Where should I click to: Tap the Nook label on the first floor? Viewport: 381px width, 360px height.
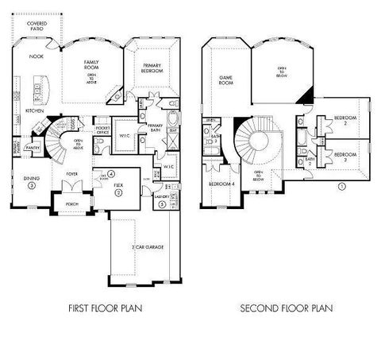click(37, 56)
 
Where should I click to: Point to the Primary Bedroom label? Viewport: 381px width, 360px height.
click(154, 68)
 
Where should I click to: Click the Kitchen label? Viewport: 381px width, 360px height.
click(34, 111)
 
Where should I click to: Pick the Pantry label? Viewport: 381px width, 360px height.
click(33, 147)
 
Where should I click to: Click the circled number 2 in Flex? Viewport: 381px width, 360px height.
click(118, 191)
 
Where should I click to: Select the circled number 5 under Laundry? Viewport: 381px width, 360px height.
click(162, 204)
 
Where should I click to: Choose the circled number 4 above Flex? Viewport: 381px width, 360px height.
click(112, 173)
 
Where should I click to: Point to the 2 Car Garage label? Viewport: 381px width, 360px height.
click(148, 248)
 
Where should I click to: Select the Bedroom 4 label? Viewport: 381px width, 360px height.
click(218, 184)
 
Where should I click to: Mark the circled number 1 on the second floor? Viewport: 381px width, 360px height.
click(341, 187)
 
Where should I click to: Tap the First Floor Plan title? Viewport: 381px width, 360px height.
click(96, 307)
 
